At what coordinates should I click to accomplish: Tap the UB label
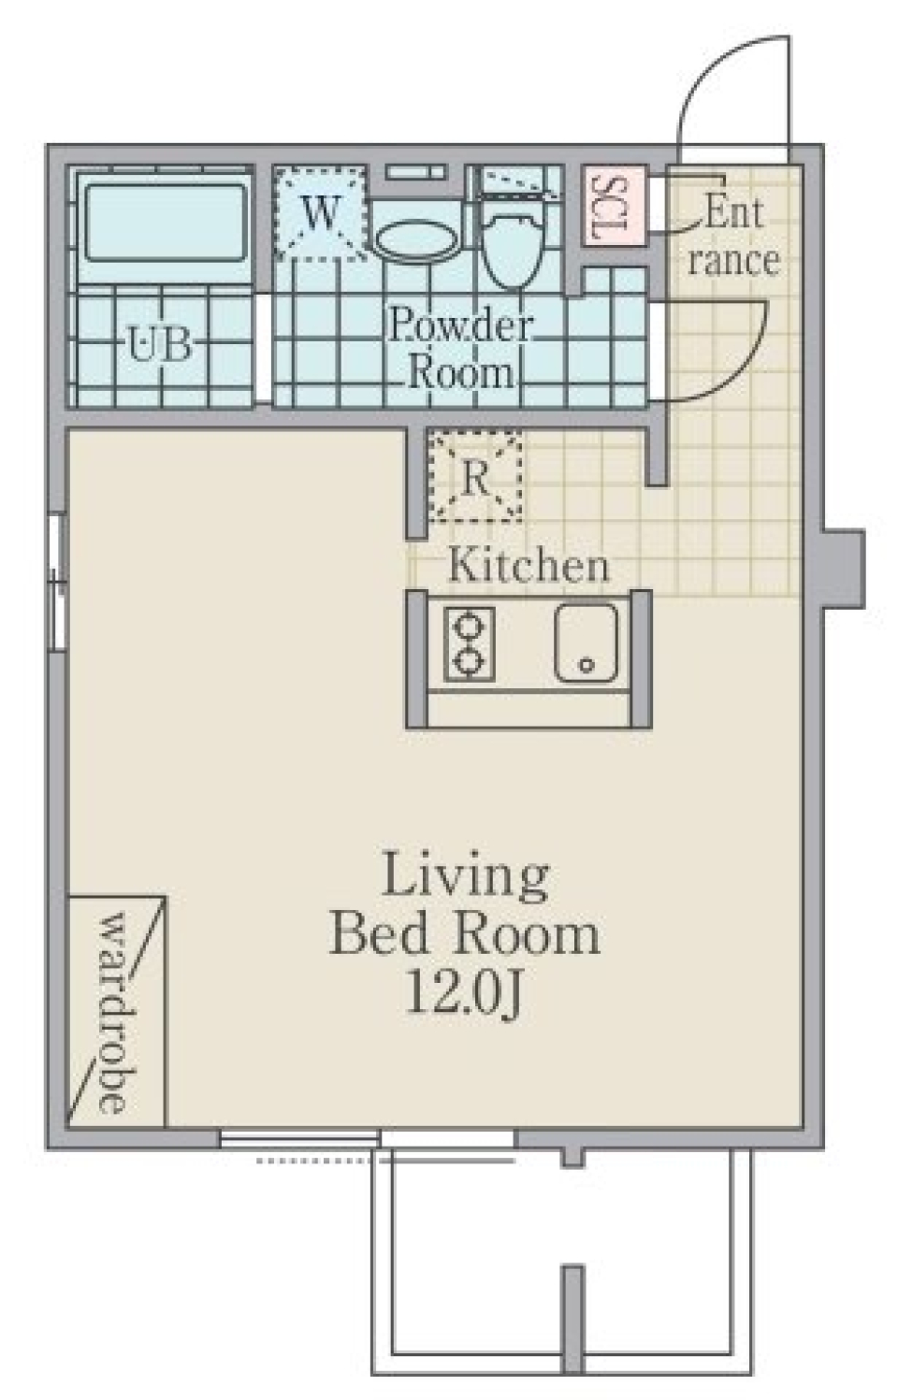[160, 346]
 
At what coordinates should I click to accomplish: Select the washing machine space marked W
[319, 213]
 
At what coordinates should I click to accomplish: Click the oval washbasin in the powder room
[417, 240]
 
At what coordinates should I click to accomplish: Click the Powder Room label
[460, 349]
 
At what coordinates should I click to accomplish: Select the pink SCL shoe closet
[613, 206]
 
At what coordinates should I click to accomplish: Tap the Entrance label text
[733, 236]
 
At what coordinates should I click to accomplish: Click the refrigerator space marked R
[475, 478]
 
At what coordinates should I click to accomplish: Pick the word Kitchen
[529, 566]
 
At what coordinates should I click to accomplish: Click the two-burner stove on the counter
[469, 643]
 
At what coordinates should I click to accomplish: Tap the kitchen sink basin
[586, 642]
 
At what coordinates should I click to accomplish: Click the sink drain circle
[587, 666]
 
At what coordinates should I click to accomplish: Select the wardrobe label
[113, 1012]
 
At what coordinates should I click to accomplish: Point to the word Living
[465, 876]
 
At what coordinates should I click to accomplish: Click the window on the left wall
[56, 581]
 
